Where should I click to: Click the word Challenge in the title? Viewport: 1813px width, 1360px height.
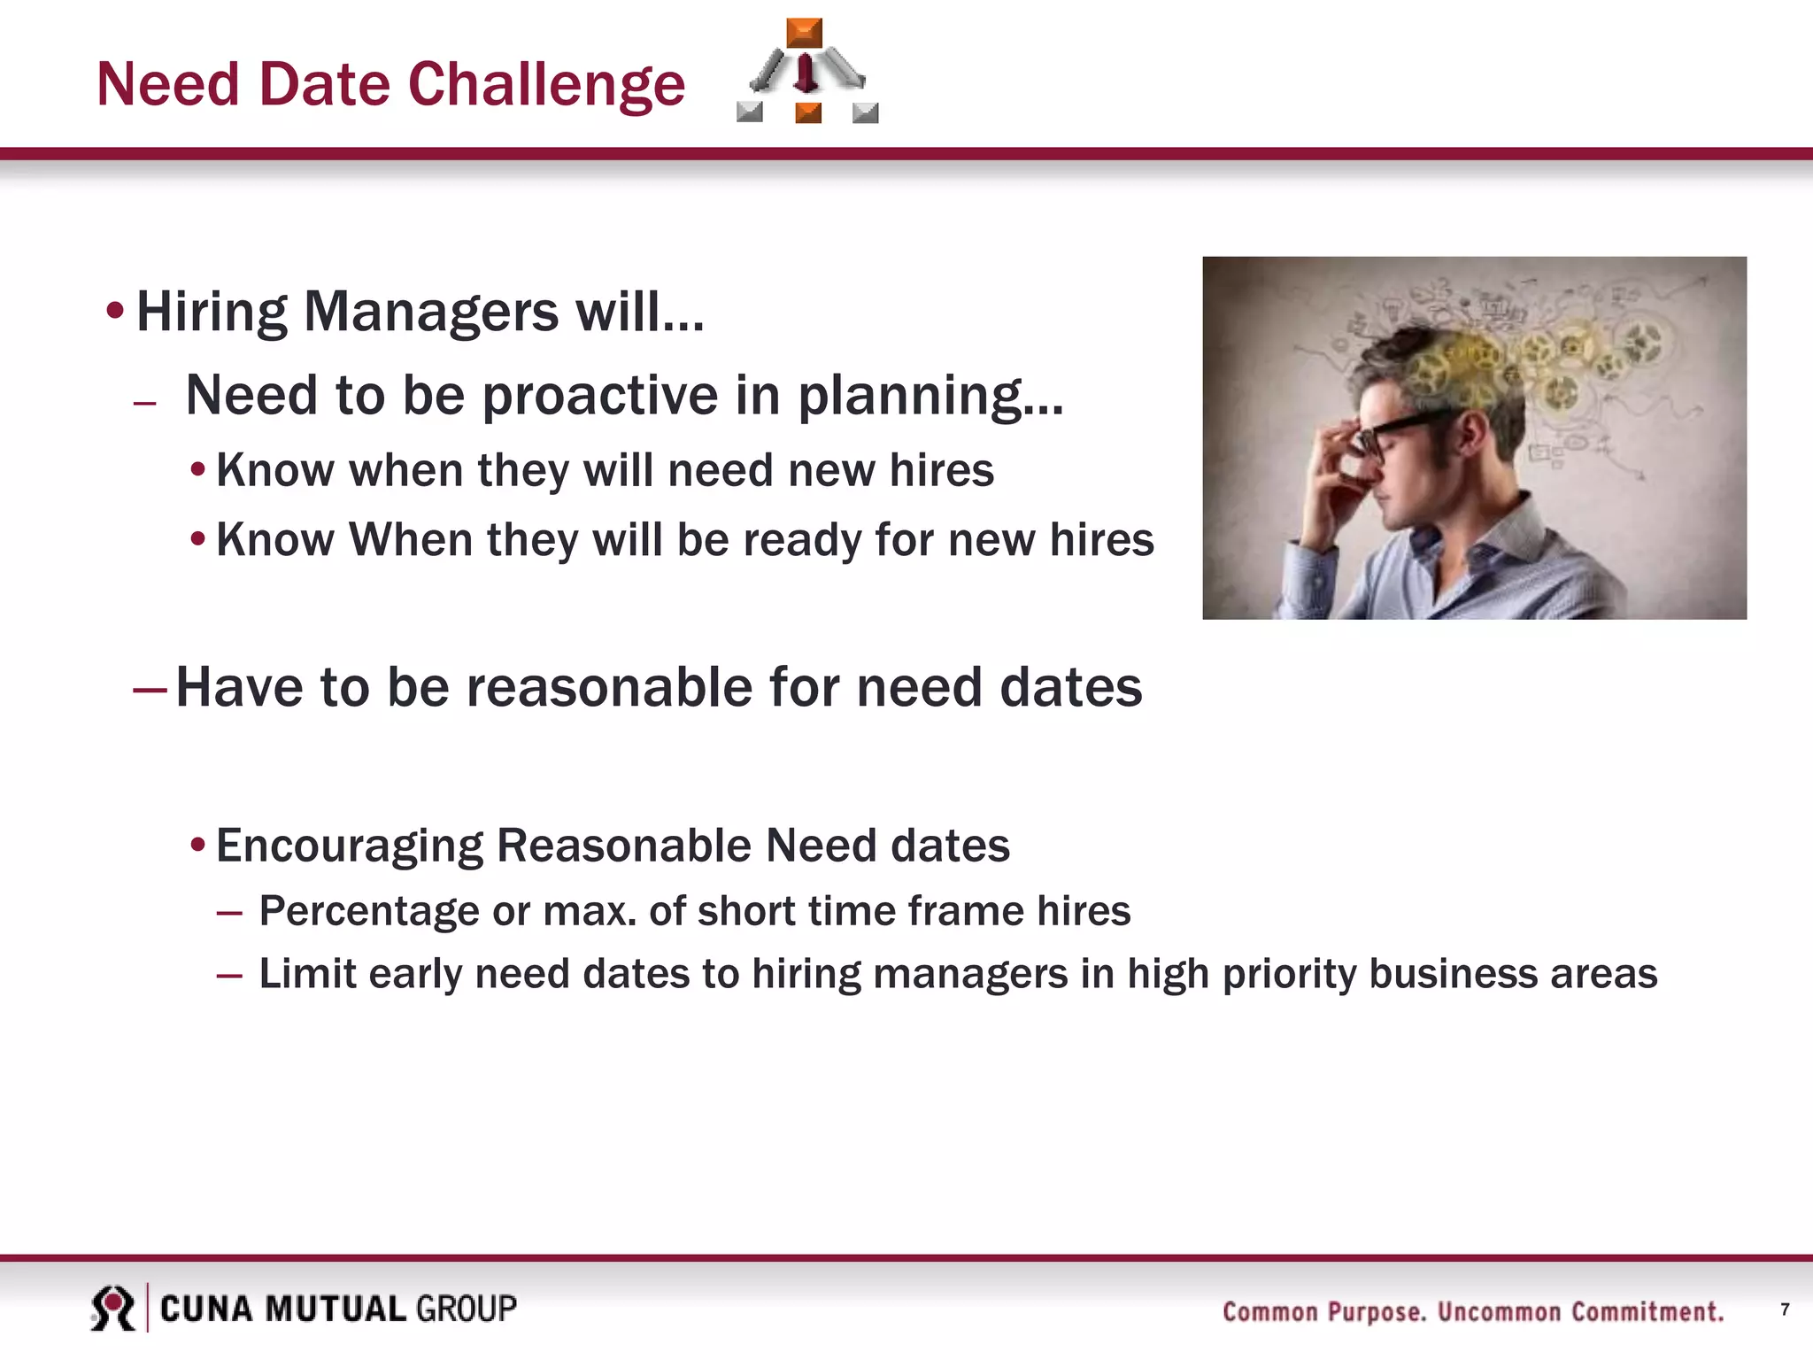click(x=546, y=85)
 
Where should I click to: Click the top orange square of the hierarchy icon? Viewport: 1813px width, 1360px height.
click(x=804, y=33)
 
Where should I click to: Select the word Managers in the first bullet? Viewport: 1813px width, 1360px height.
click(x=431, y=313)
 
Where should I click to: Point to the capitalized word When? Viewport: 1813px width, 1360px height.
click(x=410, y=539)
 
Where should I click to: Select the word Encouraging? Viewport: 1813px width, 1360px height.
click(x=349, y=845)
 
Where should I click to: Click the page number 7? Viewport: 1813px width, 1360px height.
click(x=1785, y=1310)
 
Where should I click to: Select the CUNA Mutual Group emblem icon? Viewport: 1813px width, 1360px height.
click(x=112, y=1308)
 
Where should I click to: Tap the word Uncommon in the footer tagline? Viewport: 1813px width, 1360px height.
click(x=1499, y=1311)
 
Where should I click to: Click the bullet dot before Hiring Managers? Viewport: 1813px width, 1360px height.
click(x=114, y=311)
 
